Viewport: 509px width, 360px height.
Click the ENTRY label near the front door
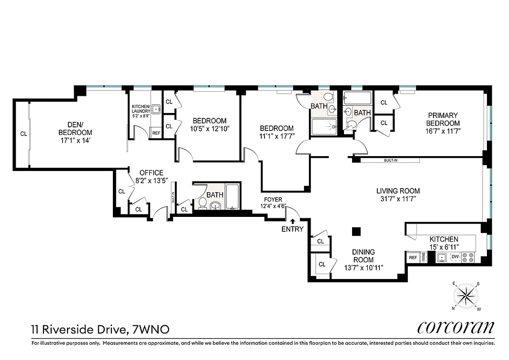coord(292,229)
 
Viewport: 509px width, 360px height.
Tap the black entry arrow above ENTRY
coord(292,221)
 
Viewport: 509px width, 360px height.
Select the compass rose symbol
coord(466,296)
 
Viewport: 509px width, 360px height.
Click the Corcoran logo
coord(455,328)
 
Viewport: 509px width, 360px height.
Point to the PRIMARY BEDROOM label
coord(443,119)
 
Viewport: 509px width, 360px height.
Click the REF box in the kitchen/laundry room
coord(156,133)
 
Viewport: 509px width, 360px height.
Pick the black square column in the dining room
coord(356,231)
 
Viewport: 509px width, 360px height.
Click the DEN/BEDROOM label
coord(75,129)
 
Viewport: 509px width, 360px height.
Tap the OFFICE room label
coord(151,173)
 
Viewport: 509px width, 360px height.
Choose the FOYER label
coord(273,200)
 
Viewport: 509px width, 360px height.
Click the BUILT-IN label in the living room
coord(391,160)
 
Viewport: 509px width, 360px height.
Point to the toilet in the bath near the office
coord(202,204)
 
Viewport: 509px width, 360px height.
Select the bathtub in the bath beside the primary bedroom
coord(357,98)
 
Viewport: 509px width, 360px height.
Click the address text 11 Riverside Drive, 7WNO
coord(100,330)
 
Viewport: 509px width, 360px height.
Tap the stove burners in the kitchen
coord(470,256)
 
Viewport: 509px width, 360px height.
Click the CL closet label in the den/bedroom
coord(23,133)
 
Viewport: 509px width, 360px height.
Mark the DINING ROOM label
coord(363,256)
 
